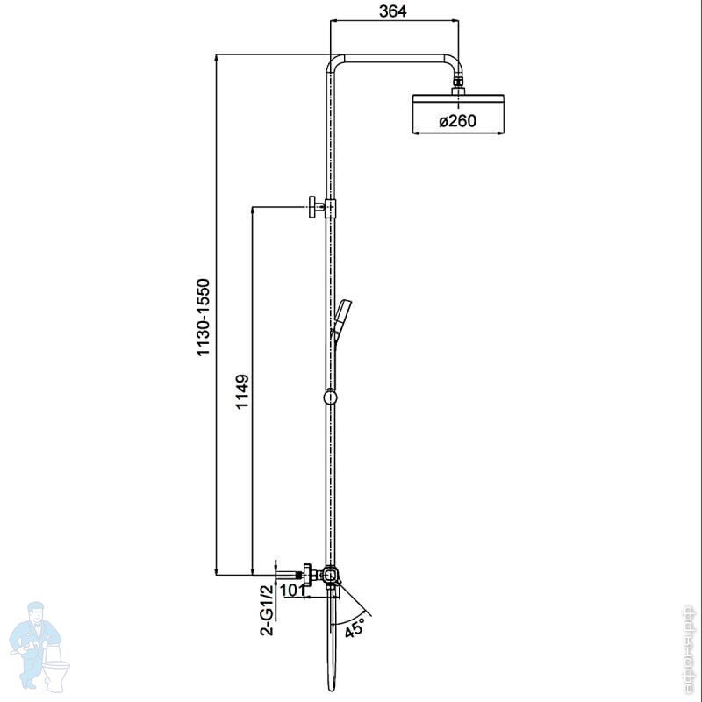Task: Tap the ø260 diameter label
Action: (457, 121)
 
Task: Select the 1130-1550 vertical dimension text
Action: (204, 318)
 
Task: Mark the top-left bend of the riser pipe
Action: (334, 62)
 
